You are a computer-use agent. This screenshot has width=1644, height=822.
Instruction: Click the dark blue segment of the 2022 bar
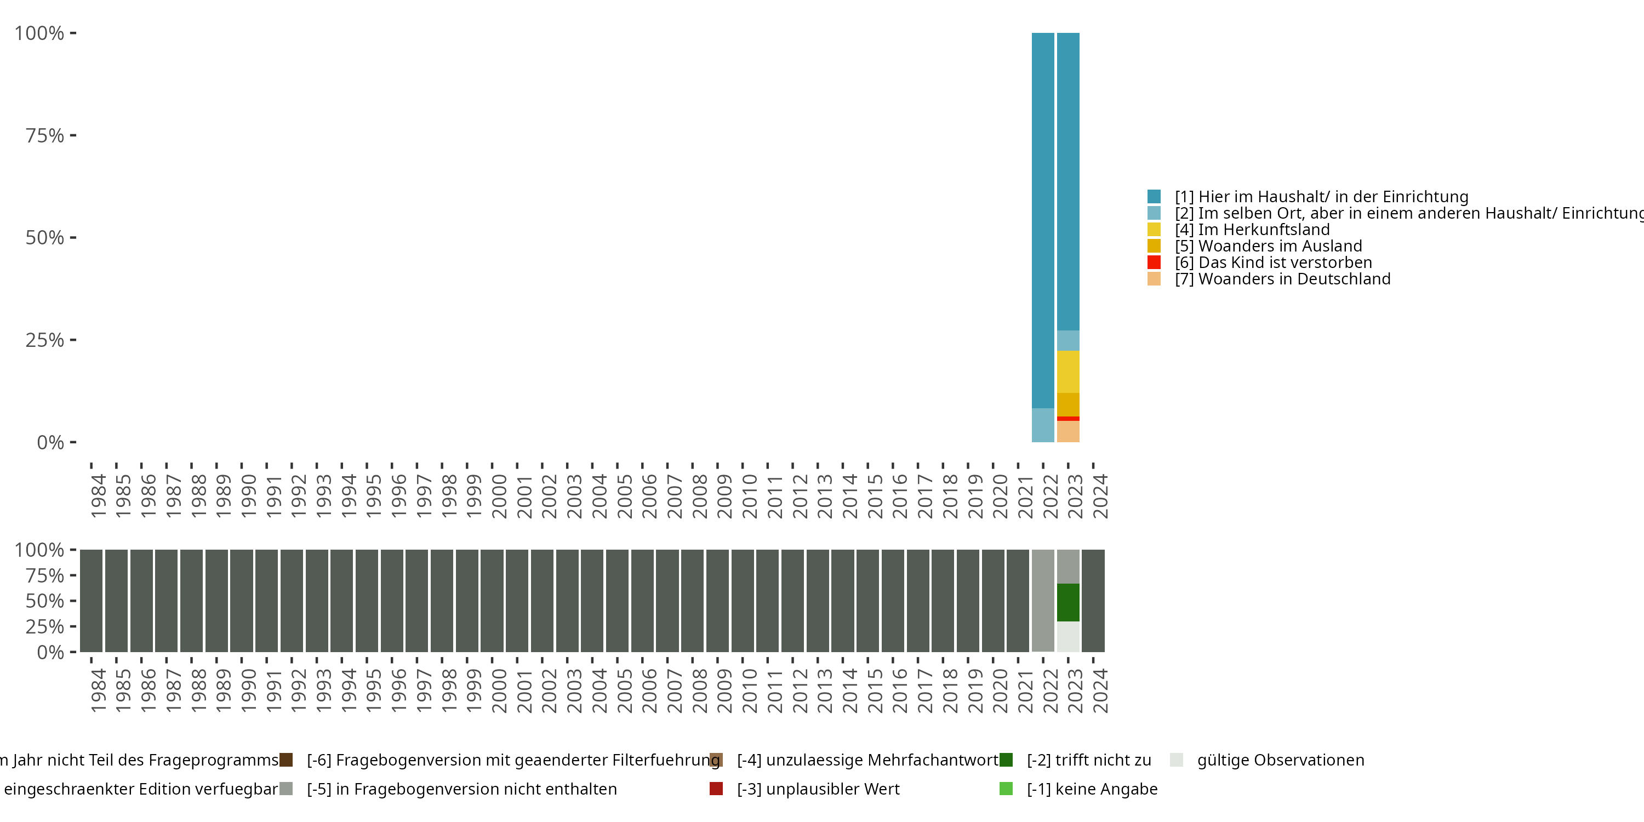[x=1043, y=220]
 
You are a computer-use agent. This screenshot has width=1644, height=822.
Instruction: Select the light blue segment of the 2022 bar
[x=1043, y=425]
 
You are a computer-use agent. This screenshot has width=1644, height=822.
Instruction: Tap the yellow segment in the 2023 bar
[x=1068, y=372]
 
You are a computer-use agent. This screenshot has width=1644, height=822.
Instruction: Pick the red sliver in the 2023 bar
[x=1068, y=419]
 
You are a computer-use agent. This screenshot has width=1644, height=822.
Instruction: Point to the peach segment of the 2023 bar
[x=1068, y=431]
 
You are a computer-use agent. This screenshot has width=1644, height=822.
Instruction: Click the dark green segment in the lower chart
[x=1068, y=602]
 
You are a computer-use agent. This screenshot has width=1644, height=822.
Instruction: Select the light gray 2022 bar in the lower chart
[x=1043, y=600]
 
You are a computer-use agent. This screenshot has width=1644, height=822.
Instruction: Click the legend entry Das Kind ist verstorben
[x=1285, y=262]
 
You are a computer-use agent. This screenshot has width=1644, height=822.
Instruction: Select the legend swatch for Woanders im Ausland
[x=1154, y=246]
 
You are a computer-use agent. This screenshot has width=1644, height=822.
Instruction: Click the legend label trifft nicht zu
[x=1089, y=760]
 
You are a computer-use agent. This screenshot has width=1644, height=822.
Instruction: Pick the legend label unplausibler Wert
[x=818, y=789]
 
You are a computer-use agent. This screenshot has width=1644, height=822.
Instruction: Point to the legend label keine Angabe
[x=1092, y=789]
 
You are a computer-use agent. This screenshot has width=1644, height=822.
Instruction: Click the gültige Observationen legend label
[x=1280, y=760]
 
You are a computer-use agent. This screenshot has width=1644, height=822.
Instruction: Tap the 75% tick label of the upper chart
[x=45, y=135]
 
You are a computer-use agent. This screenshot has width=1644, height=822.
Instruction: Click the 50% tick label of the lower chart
[x=45, y=601]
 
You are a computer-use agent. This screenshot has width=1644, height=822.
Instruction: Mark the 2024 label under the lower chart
[x=1100, y=690]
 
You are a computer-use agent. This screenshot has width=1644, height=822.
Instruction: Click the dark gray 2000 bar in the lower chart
[x=492, y=600]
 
